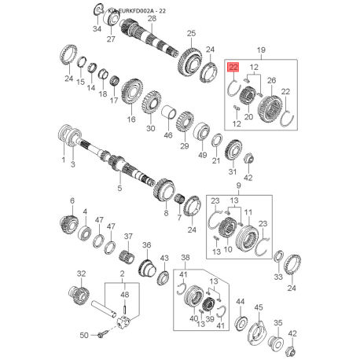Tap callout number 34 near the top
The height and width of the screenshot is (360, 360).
click(97, 29)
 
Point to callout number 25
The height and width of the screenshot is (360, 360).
click(190, 33)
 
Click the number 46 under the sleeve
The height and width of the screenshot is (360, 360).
click(167, 136)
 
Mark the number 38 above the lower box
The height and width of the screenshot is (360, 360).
click(186, 257)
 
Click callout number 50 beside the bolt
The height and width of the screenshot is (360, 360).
click(85, 336)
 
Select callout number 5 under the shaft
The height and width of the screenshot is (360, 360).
click(120, 189)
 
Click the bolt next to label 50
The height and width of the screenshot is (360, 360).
click(102, 335)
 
